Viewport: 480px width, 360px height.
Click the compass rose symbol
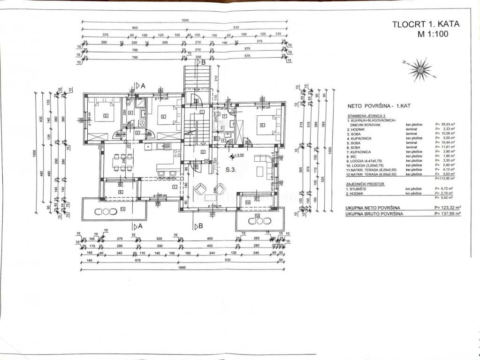(419, 69)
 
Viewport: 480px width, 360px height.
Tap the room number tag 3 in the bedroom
(106, 116)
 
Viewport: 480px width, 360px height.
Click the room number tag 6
(262, 124)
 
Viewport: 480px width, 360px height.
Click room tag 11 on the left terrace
(123, 209)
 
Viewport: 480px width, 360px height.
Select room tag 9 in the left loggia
(120, 192)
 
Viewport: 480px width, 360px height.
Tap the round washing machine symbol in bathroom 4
(141, 123)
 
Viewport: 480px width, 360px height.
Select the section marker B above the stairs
(203, 61)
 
